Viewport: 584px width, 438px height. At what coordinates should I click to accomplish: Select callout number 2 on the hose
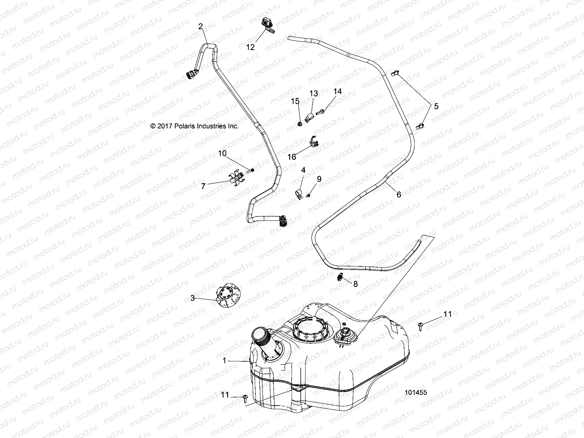200,26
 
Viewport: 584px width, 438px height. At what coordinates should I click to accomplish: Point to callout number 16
292,157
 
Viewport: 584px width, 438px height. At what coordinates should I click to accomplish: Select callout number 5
436,106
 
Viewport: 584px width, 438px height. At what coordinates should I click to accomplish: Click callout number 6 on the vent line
399,195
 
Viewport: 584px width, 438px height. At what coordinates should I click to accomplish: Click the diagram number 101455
416,393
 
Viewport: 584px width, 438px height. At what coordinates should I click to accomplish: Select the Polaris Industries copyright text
194,126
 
